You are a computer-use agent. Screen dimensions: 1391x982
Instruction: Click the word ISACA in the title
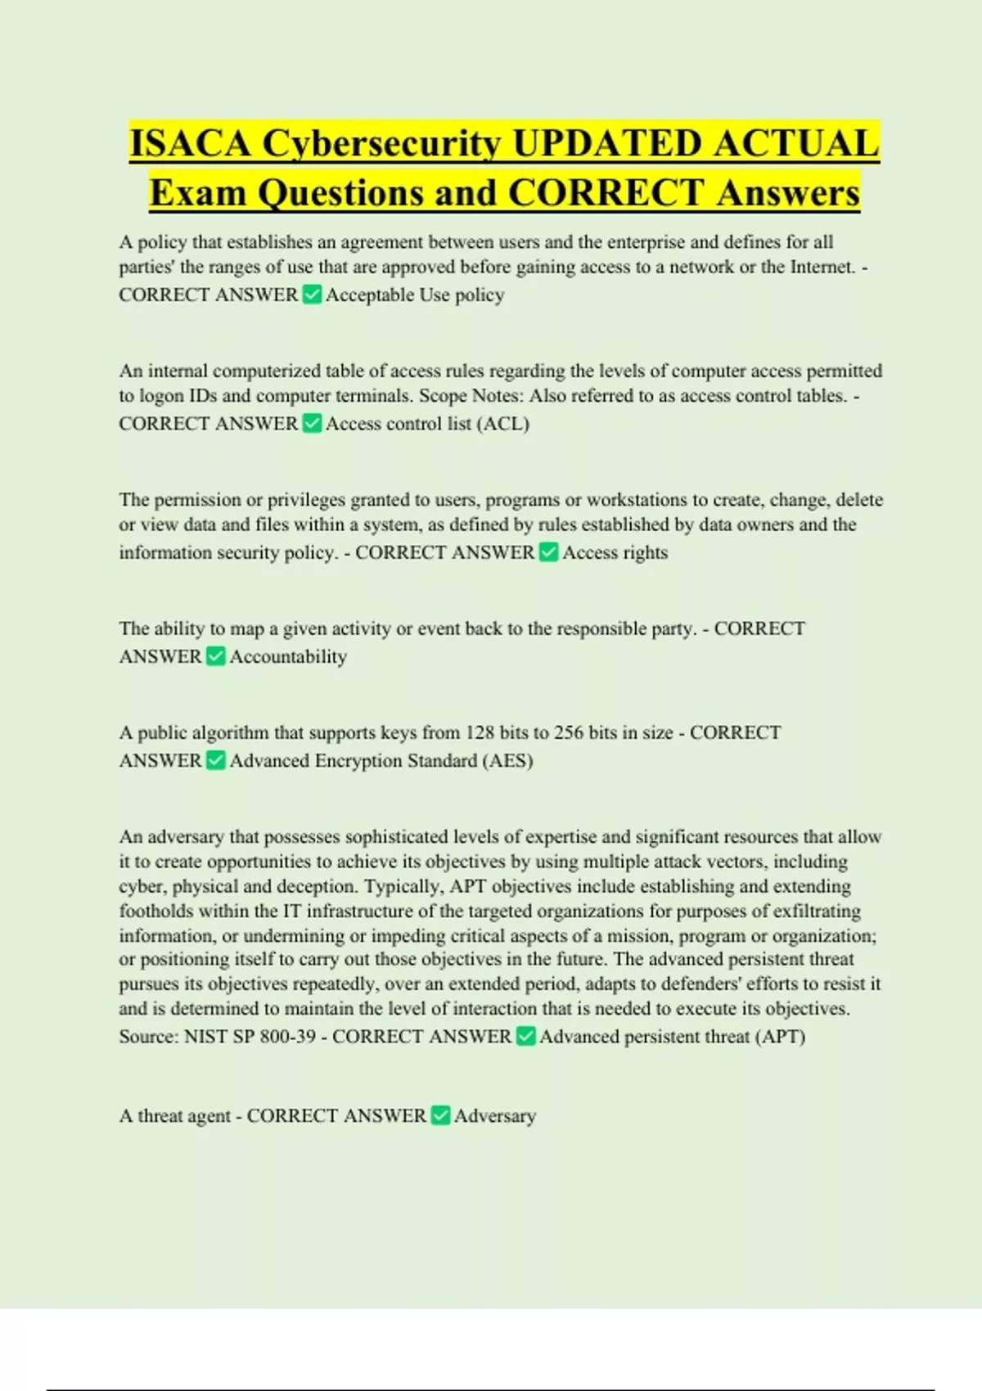click(190, 144)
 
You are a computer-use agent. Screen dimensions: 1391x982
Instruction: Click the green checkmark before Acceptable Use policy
click(312, 295)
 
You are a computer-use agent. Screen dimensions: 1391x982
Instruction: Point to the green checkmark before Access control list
click(312, 423)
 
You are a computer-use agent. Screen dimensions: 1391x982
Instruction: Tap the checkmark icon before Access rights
click(548, 552)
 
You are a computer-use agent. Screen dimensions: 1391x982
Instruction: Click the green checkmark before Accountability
click(215, 656)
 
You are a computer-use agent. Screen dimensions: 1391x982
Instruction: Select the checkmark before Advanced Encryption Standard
click(215, 760)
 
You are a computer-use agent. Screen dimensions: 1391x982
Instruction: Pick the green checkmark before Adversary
click(440, 1115)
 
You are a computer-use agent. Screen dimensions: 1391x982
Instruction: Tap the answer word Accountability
click(288, 657)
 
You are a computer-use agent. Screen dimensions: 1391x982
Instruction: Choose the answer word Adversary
click(495, 1116)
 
